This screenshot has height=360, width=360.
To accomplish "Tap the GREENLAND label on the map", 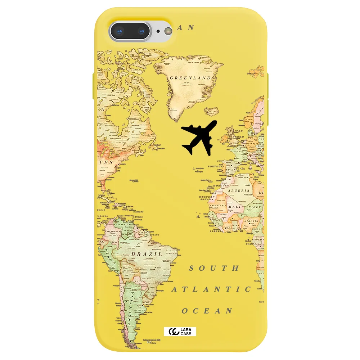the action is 190,78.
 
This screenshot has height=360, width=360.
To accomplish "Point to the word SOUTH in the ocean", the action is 214,268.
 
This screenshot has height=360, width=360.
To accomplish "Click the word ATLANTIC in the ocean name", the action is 211,289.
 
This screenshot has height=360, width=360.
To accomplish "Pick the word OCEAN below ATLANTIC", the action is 207,311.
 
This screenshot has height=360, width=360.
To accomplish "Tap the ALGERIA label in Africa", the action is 238,190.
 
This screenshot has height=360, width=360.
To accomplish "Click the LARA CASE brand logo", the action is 180,331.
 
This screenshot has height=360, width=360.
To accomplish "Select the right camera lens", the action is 143,32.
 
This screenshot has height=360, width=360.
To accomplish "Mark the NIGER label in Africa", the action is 255,207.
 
